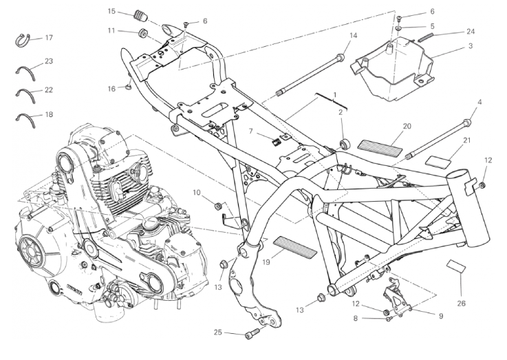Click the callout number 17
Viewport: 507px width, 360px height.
pyautogui.click(x=49, y=37)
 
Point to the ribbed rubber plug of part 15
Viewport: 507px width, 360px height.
pyautogui.click(x=143, y=17)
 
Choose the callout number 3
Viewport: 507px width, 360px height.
pyautogui.click(x=471, y=46)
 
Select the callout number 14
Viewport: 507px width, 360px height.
pyautogui.click(x=353, y=35)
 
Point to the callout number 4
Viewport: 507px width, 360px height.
pyautogui.click(x=479, y=103)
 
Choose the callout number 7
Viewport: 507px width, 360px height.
pyautogui.click(x=251, y=130)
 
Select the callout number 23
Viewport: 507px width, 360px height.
pyautogui.click(x=49, y=61)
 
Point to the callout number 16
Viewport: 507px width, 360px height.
pyautogui.click(x=111, y=88)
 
